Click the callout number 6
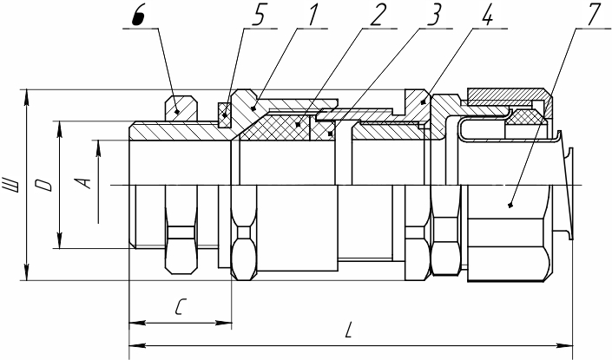coord(138,16)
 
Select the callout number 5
coord(260,16)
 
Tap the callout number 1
coord(313,16)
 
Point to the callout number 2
coord(378,16)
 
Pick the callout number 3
coord(434,16)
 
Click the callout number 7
coord(594,16)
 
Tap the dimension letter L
coord(349,330)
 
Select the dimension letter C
coord(181,306)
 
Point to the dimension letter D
coord(43,185)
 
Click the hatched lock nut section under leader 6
coord(181,108)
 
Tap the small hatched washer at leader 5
coord(225,115)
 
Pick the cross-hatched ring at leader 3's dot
coord(322,130)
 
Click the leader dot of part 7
coord(510,205)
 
